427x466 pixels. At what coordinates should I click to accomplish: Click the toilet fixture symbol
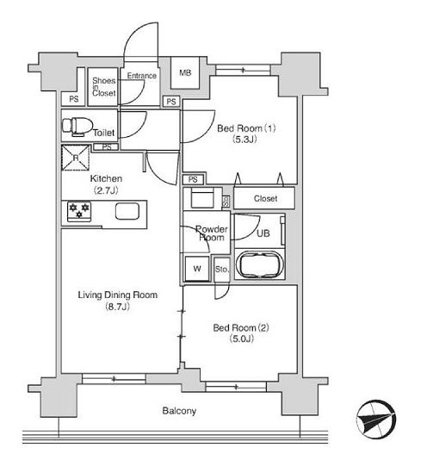(77, 127)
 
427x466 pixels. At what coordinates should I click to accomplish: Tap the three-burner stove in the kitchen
(79, 212)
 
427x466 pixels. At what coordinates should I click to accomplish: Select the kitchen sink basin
(127, 211)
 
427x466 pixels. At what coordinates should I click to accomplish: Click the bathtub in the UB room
(259, 264)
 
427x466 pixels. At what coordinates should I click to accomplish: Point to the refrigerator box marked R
(76, 158)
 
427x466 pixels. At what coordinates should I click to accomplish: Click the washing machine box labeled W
(197, 269)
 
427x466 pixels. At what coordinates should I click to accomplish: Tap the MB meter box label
(185, 72)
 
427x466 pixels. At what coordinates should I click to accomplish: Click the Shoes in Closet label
(103, 87)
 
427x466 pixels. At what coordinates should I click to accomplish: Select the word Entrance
(142, 76)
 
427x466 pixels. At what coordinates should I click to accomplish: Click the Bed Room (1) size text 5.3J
(244, 139)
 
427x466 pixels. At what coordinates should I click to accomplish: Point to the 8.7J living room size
(118, 306)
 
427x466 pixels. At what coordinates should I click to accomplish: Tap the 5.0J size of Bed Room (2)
(241, 339)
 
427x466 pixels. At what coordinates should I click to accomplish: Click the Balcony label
(179, 411)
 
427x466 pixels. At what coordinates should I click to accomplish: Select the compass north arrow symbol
(376, 419)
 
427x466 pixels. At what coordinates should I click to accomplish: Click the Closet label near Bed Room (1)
(265, 198)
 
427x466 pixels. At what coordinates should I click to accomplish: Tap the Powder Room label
(212, 233)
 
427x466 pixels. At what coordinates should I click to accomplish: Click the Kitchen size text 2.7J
(106, 190)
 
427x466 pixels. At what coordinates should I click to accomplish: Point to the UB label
(263, 233)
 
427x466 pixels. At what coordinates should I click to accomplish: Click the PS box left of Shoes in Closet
(74, 99)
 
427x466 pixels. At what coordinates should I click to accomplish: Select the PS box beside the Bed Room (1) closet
(193, 179)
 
